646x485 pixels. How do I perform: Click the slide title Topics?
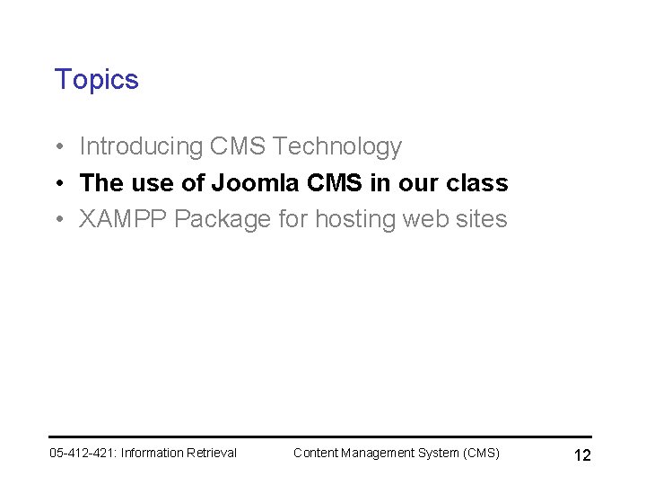(96, 80)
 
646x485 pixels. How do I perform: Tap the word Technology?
(336, 146)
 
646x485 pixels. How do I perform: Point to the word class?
(476, 183)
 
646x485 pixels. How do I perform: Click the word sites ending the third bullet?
(484, 219)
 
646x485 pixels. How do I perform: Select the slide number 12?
(581, 455)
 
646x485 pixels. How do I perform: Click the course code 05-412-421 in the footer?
(82, 453)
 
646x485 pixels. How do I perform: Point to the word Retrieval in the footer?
(211, 453)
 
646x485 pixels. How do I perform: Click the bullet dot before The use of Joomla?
(57, 184)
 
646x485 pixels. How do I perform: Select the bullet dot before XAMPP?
(57, 220)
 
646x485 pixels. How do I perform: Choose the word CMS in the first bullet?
(238, 146)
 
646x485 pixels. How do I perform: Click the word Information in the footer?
(152, 453)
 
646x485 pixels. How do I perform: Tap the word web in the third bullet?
(430, 219)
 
